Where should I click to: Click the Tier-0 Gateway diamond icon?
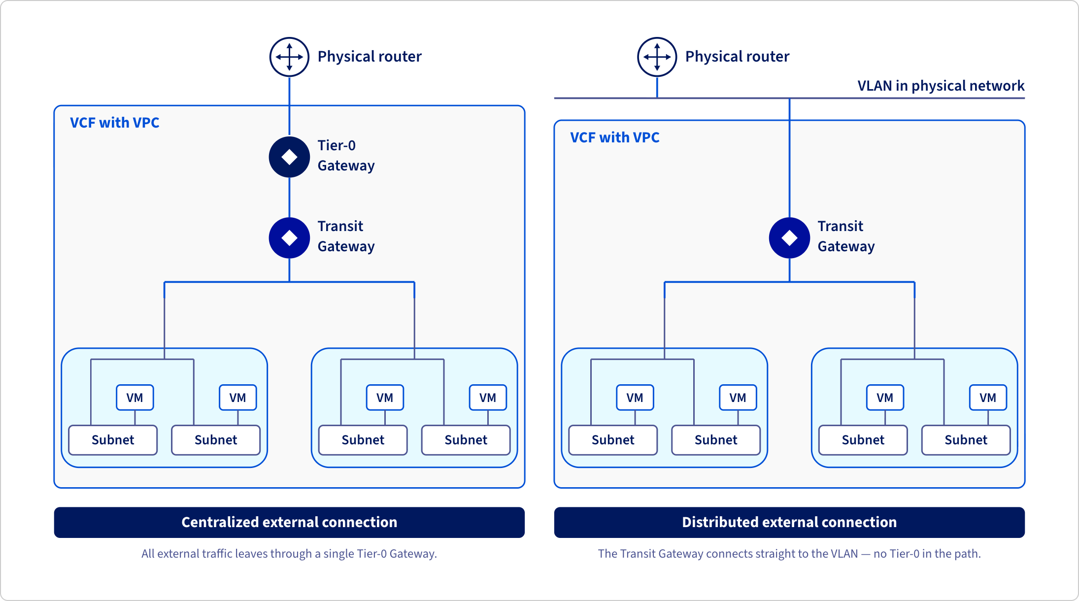point(289,157)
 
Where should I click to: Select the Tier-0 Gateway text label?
point(346,156)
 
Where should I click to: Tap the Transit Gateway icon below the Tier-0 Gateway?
point(289,238)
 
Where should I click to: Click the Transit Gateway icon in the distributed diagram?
point(789,238)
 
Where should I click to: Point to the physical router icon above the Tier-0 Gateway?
point(289,57)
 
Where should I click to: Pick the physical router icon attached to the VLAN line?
point(657,57)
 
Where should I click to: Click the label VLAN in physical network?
point(941,86)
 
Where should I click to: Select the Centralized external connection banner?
point(289,522)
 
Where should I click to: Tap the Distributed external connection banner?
point(789,522)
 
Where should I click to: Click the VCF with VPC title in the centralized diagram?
point(114,123)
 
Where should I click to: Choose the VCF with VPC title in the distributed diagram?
point(614,137)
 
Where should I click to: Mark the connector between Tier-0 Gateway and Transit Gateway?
point(289,198)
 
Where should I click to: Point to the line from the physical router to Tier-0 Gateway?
point(289,107)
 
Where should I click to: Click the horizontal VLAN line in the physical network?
point(789,98)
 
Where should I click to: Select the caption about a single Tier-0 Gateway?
point(289,554)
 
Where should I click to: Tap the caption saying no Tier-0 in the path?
point(789,554)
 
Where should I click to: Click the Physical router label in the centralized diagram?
point(370,57)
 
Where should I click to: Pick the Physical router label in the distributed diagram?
point(737,57)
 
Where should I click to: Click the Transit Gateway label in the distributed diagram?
point(846,236)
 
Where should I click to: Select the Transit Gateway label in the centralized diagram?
point(346,236)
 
